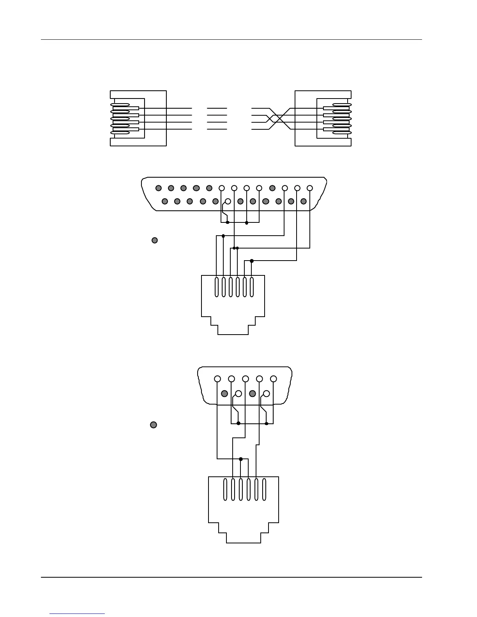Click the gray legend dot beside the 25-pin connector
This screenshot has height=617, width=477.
[154, 240]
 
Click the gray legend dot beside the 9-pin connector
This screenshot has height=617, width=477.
[154, 425]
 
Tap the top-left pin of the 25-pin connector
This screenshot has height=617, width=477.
[158, 188]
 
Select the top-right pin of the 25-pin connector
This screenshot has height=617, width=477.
[310, 188]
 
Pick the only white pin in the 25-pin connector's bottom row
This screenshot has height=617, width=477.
[228, 201]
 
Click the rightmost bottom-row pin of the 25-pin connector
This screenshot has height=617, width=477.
[304, 201]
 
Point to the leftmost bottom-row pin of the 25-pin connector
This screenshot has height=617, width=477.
[165, 201]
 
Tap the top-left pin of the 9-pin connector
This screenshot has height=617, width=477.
[217, 379]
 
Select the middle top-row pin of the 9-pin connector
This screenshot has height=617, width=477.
[246, 379]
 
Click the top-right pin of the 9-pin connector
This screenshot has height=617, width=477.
[274, 379]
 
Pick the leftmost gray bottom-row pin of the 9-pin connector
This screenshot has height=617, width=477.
[224, 394]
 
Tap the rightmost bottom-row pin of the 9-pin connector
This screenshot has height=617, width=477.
[267, 394]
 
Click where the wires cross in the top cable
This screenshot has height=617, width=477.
[279, 118]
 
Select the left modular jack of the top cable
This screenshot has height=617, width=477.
[138, 118]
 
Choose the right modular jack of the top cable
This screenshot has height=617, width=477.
[323, 118]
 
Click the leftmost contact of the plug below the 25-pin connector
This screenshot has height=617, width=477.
[217, 287]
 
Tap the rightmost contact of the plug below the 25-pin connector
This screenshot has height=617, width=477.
[252, 287]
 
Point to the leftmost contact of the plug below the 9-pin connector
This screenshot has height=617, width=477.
[225, 490]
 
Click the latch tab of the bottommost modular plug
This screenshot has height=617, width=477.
[243, 538]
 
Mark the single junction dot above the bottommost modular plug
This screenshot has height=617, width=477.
[241, 459]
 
